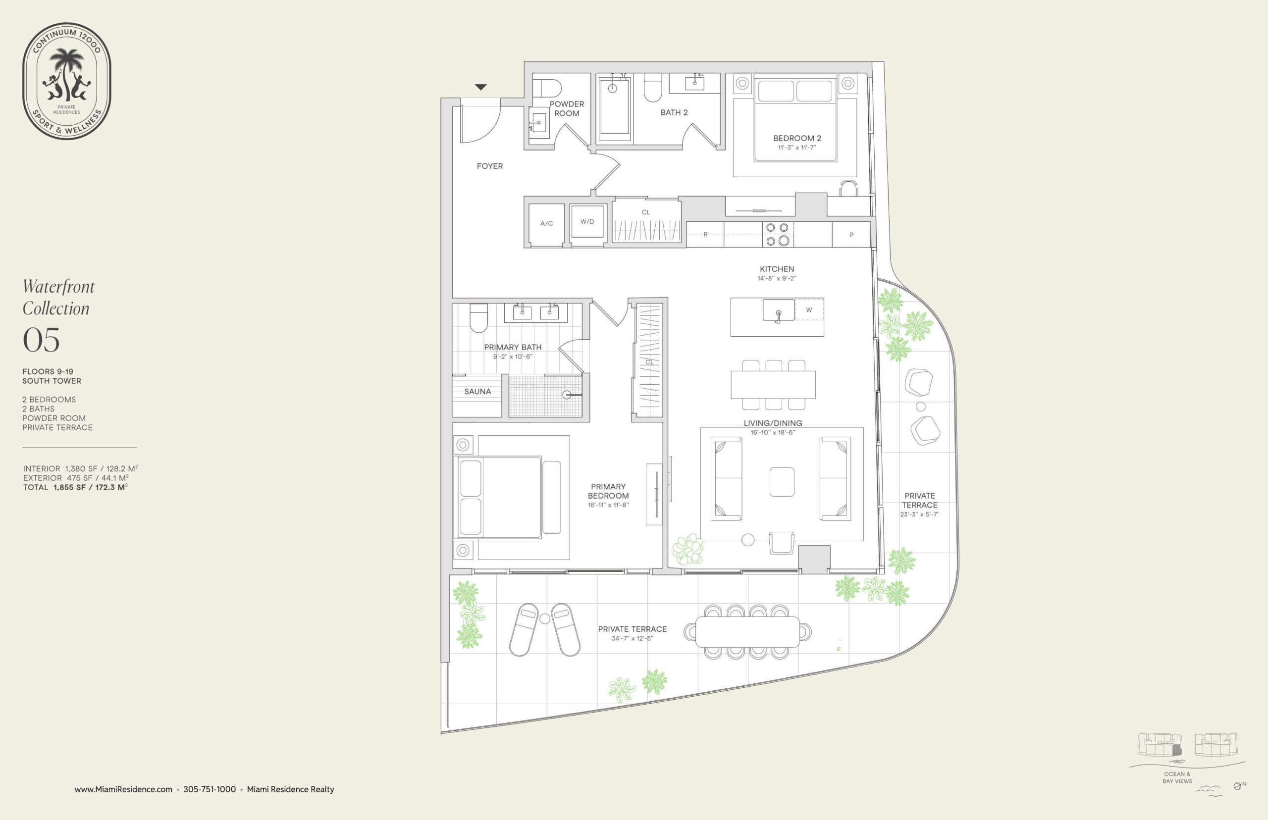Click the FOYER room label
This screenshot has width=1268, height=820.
[x=489, y=166]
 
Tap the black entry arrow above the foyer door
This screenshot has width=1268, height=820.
[x=481, y=87]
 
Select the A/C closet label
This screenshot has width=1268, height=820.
[x=546, y=224]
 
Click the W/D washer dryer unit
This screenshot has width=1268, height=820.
[x=587, y=221]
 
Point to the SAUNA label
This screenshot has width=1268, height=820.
[x=477, y=391]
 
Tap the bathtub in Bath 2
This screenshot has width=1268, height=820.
[x=614, y=107]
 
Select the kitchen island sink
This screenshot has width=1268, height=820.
[x=779, y=310]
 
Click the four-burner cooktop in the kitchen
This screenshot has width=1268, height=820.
[x=778, y=234]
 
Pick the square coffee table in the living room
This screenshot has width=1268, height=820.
[x=782, y=482]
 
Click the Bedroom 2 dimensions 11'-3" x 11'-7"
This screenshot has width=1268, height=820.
[x=796, y=148]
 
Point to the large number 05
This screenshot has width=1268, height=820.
[x=41, y=340]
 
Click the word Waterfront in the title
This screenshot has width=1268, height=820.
[x=58, y=287]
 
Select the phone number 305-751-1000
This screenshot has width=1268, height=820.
[x=210, y=789]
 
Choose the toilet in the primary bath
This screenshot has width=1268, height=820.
[x=479, y=317]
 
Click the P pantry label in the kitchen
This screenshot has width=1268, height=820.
[x=851, y=235]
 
